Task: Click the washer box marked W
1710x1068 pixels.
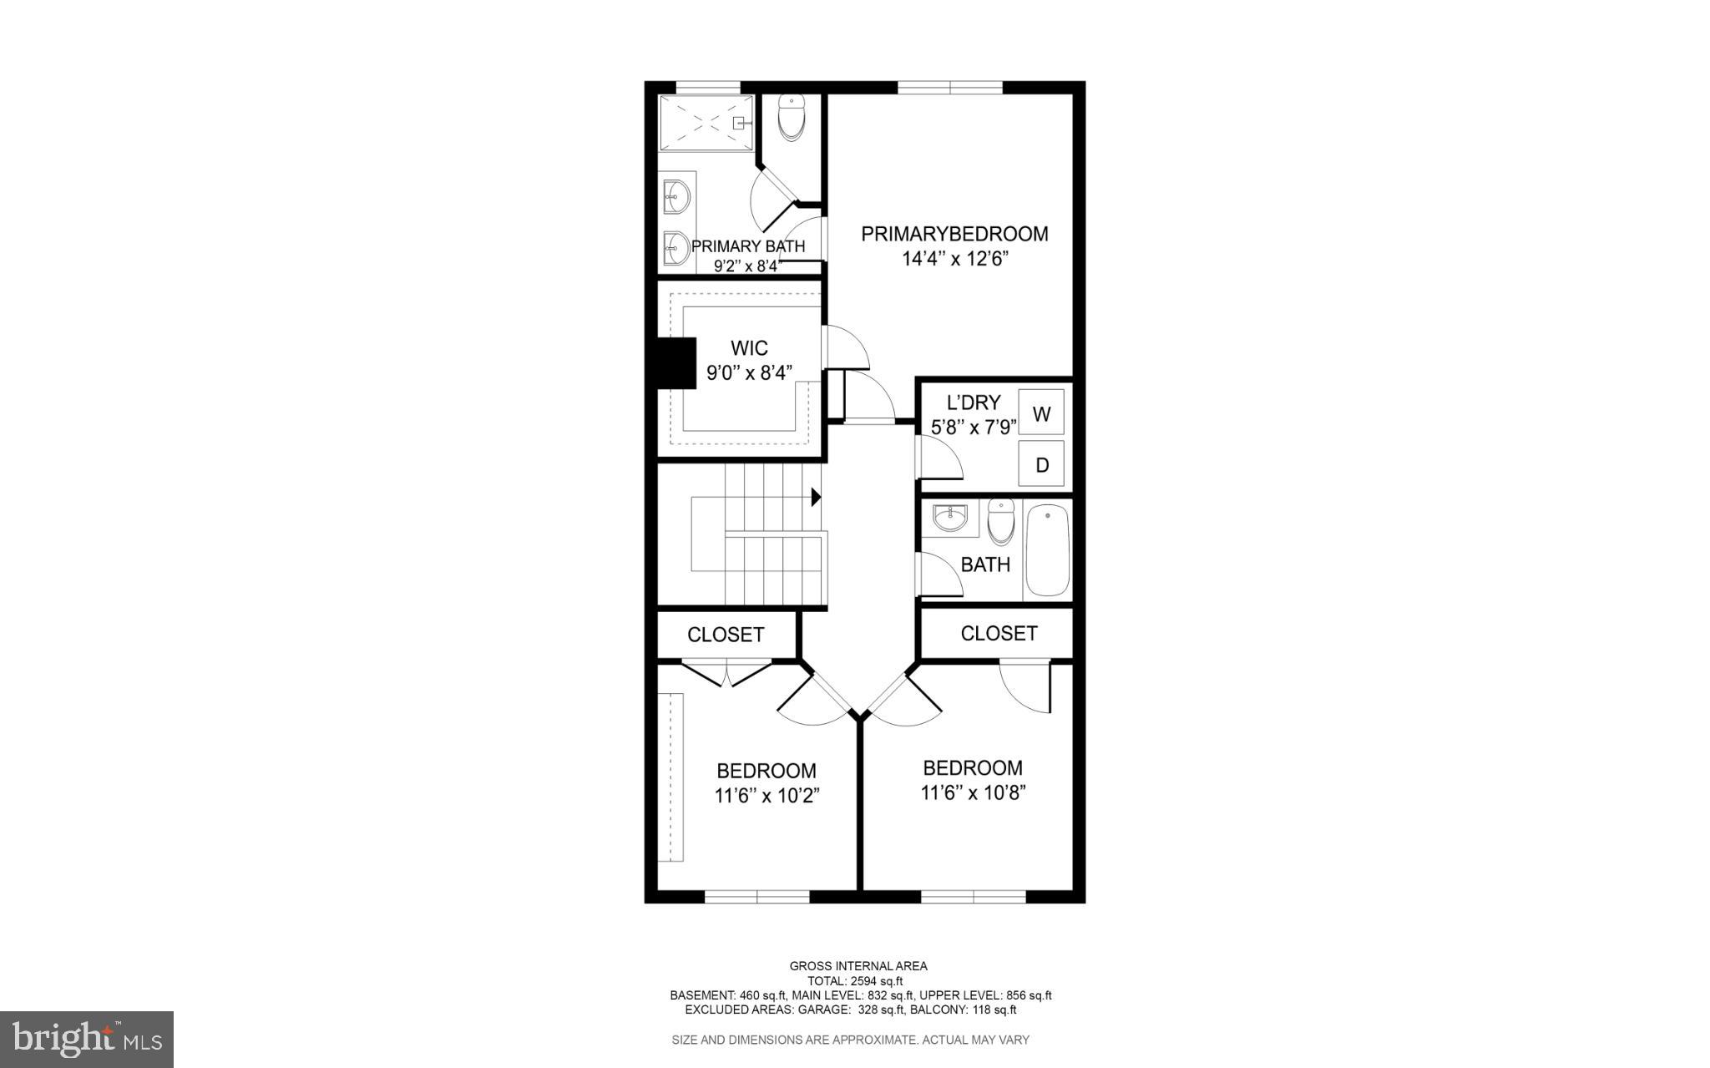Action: click(1041, 413)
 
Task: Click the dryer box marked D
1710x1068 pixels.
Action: click(1041, 464)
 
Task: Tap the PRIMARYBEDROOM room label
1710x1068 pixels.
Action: click(954, 234)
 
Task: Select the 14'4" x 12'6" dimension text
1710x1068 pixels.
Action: click(954, 259)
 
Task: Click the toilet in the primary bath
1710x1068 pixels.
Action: click(790, 118)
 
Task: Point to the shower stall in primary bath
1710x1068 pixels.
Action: click(706, 123)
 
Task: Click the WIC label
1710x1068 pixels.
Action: click(749, 348)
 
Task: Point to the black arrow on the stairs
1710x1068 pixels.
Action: click(816, 497)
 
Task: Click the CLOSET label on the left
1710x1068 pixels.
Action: click(725, 635)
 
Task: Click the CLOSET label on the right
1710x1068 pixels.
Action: click(999, 633)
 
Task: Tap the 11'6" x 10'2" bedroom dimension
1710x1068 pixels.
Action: click(766, 796)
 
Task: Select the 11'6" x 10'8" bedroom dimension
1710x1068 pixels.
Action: click(973, 792)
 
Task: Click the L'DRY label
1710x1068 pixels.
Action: click(973, 402)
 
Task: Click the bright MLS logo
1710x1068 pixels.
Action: click(86, 1039)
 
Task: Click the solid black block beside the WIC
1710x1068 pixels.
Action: click(677, 362)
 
